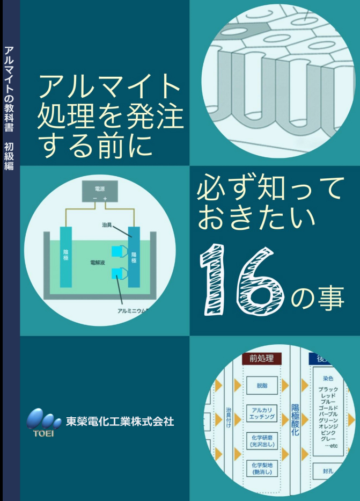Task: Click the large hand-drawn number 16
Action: coord(242,279)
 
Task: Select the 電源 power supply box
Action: coord(99,192)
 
